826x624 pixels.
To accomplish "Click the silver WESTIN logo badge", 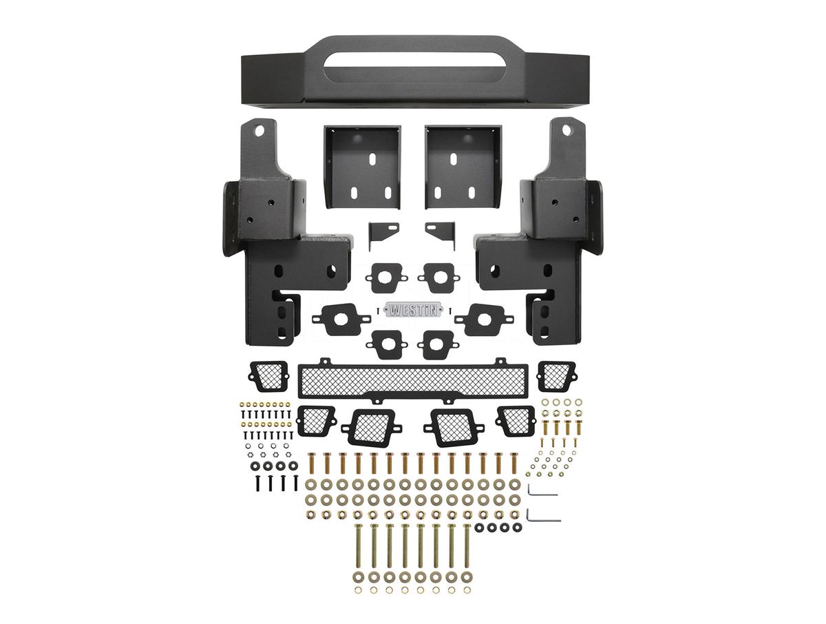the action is (x=413, y=310).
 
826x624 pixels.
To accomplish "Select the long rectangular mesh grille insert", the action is (x=413, y=380).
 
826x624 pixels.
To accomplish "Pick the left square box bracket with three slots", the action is (x=362, y=167).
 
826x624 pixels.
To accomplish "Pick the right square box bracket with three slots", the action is (x=464, y=167).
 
